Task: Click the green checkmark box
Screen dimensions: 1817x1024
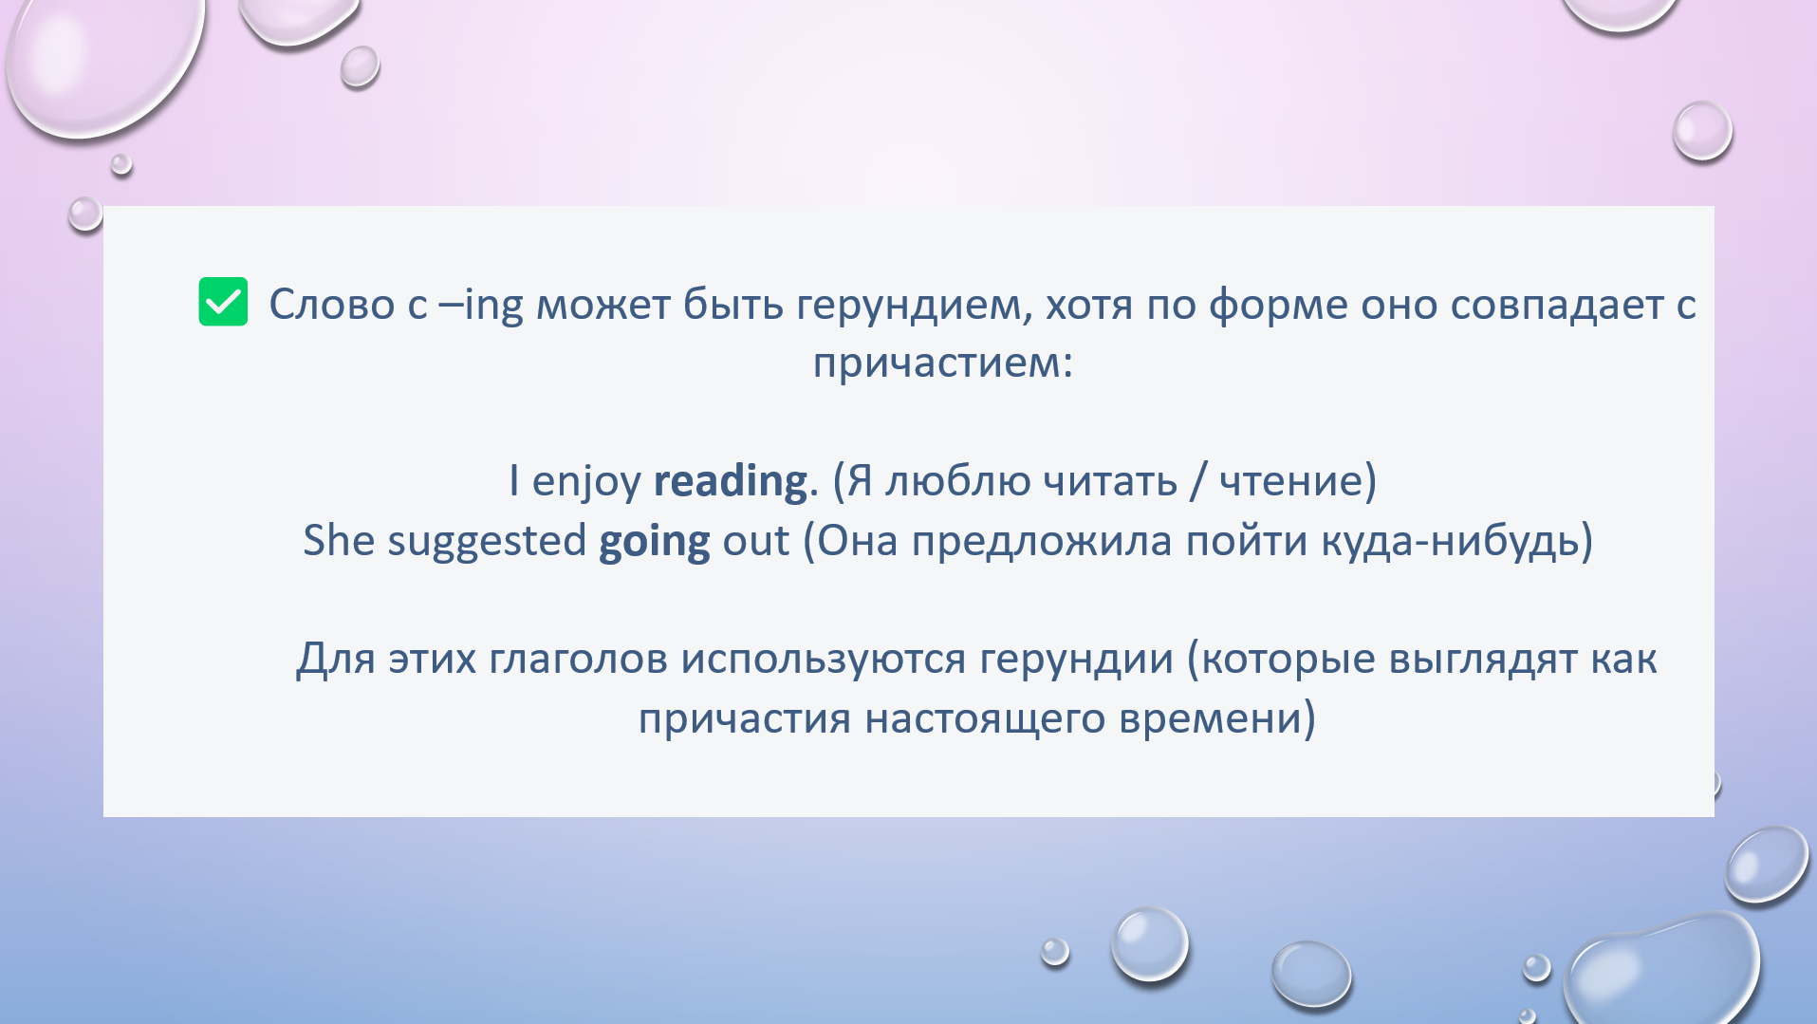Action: [x=223, y=302]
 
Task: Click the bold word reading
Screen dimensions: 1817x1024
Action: [x=731, y=482]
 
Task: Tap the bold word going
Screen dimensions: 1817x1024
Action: [x=655, y=542]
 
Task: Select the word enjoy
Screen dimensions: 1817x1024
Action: [x=586, y=482]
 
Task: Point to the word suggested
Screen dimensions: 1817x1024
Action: [x=487, y=542]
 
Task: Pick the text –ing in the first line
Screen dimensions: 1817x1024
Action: [x=481, y=306]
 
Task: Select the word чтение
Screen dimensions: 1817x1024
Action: [x=1291, y=481]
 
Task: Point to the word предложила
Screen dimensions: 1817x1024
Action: [x=1042, y=542]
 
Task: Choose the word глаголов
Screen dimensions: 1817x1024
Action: [x=579, y=660]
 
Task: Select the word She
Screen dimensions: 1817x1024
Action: [x=340, y=541]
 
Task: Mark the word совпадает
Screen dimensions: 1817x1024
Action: [x=1557, y=306]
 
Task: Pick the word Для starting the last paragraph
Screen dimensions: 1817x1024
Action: [x=337, y=660]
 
